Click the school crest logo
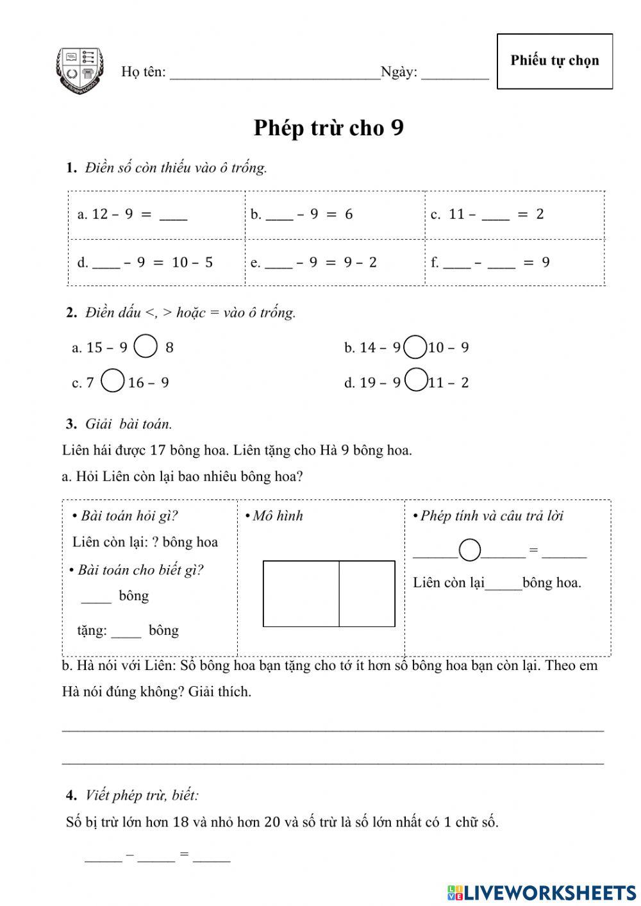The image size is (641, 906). coord(79,71)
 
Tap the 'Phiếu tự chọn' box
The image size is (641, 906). coord(554,61)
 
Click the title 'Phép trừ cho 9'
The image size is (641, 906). coord(328,128)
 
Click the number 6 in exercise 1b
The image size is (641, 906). coord(349,214)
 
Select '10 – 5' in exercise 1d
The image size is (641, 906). coord(192,262)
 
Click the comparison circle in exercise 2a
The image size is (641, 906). coord(146,346)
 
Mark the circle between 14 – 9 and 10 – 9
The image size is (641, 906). coord(416,348)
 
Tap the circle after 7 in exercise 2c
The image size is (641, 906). coord(113,380)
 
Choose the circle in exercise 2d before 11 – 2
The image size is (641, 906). coord(416,380)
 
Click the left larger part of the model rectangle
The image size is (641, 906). coord(301,594)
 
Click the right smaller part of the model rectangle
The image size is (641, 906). coord(367,594)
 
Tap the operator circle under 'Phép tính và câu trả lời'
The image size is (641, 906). coord(470,549)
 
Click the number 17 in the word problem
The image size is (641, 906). coord(158,450)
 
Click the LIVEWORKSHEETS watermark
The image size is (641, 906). coord(542,892)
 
